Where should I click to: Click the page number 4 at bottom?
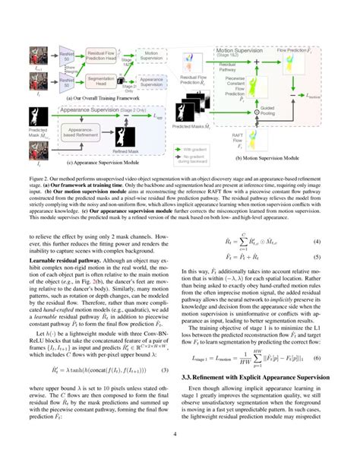coord(179,455)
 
